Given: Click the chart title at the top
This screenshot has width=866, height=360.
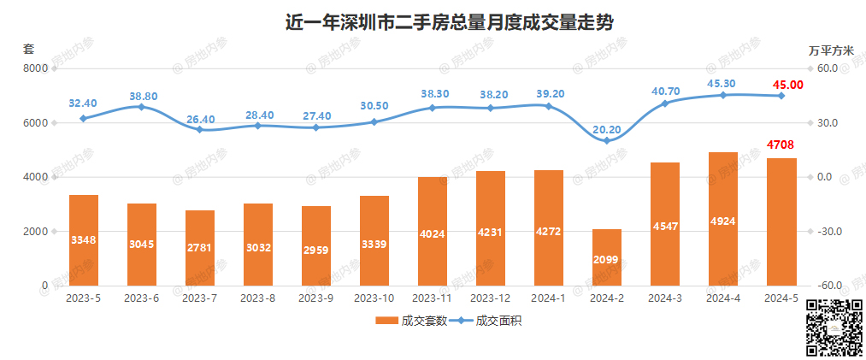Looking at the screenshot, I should pyautogui.click(x=449, y=22).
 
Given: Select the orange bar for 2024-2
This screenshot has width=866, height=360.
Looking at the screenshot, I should pyautogui.click(x=606, y=257).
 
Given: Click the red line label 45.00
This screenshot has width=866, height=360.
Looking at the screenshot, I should pyautogui.click(x=787, y=84).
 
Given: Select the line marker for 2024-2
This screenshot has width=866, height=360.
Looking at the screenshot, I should pyautogui.click(x=606, y=140).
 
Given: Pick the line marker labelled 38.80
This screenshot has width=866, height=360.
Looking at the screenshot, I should pyautogui.click(x=142, y=106).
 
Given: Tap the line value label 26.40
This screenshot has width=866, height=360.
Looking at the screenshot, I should pyautogui.click(x=200, y=119).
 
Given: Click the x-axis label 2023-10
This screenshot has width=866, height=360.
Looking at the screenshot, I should pyautogui.click(x=374, y=298).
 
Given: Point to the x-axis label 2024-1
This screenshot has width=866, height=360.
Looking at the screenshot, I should pyautogui.click(x=548, y=298).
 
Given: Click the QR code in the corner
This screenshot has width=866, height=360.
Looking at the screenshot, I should pyautogui.click(x=835, y=328).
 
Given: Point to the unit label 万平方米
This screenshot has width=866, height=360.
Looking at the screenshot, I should pyautogui.click(x=831, y=50).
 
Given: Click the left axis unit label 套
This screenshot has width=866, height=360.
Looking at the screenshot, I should pyautogui.click(x=28, y=49).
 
